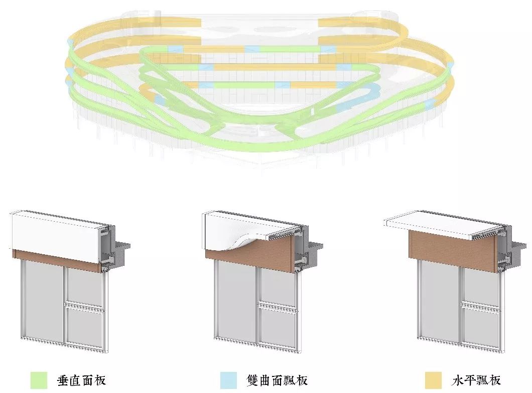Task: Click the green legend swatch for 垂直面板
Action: click(x=39, y=380)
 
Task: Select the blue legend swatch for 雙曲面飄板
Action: click(x=228, y=380)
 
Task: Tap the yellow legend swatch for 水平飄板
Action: click(x=433, y=380)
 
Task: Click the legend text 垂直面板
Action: click(x=82, y=380)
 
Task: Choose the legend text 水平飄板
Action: click(x=476, y=380)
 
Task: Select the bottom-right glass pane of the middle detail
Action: click(x=279, y=327)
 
